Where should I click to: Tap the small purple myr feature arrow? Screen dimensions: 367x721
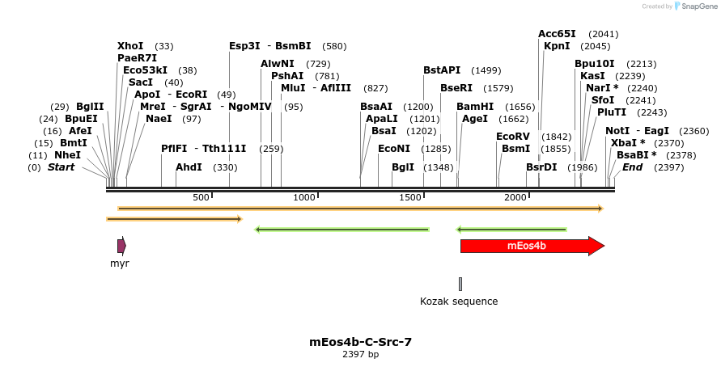coord(121,246)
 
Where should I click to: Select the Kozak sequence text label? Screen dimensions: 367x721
coord(459,302)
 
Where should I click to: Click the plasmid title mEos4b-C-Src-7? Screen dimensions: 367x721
coord(360,342)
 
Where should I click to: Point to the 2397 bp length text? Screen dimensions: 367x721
coord(360,354)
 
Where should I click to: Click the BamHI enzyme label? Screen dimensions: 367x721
coord(475,107)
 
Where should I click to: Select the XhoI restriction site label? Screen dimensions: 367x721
coord(130,46)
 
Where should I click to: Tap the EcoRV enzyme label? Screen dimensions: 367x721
coord(513,137)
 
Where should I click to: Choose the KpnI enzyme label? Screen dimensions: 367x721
coord(557,46)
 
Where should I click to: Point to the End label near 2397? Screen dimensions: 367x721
coord(632,167)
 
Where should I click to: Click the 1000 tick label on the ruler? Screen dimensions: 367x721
coord(304,198)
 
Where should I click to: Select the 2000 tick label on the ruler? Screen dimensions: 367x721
coord(515,198)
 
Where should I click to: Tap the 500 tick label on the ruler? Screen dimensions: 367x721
coord(201,198)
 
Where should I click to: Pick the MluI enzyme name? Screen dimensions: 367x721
coord(292,88)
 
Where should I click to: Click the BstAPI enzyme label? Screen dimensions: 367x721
coord(442,70)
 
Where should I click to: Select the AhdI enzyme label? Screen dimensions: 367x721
coord(189,167)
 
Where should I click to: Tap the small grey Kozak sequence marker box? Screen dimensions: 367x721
coord(460,283)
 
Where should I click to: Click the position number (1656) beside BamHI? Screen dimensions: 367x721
coord(520,107)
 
